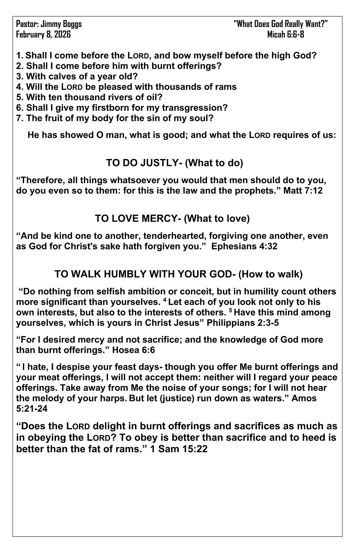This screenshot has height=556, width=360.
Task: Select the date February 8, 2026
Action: click(43, 34)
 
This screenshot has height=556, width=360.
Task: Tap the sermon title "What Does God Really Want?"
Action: click(281, 24)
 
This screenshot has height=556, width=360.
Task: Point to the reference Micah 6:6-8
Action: click(286, 34)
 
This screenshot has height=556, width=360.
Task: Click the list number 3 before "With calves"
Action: click(19, 76)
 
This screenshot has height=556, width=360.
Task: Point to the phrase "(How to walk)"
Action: click(270, 274)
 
